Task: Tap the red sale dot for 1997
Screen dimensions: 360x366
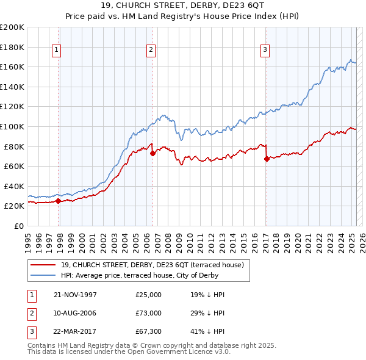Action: click(x=58, y=201)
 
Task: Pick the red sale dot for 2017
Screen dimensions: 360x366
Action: click(x=267, y=159)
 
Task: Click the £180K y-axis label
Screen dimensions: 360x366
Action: click(x=13, y=46)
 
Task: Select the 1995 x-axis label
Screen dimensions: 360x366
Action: click(x=28, y=238)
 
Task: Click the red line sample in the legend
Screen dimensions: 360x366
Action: click(x=43, y=265)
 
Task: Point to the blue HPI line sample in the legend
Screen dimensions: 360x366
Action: click(x=43, y=275)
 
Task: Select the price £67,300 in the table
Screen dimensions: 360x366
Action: click(x=149, y=333)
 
